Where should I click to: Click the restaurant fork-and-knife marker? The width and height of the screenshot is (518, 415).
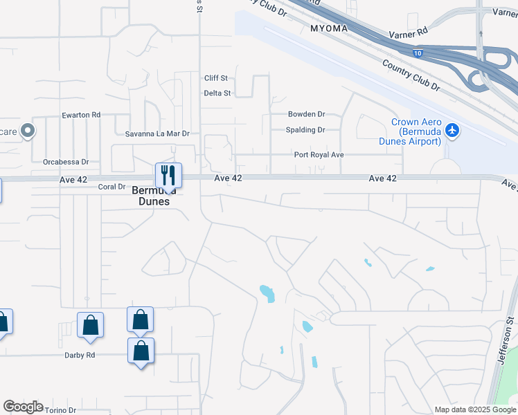point(168,174)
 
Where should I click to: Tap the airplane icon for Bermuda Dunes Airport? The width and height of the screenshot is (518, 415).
point(452,129)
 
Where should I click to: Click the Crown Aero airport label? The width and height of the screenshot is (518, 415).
point(416,132)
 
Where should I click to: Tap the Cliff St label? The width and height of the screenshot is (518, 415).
point(216,78)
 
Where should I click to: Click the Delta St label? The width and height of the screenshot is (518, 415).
point(217,93)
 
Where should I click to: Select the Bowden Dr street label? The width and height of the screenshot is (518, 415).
point(307,113)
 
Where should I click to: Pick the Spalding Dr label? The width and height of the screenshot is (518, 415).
point(305,130)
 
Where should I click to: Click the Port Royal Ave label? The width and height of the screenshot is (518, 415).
point(319,155)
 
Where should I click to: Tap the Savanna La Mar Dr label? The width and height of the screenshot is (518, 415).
point(157,133)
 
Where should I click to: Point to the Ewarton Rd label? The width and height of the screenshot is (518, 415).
point(81,115)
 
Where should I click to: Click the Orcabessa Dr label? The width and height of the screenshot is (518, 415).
point(66,162)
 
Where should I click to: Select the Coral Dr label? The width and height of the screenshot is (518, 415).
point(111,187)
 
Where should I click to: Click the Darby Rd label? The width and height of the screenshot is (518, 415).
point(80,355)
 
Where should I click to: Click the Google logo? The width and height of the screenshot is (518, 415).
point(23,407)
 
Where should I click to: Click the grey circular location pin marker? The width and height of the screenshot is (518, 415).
point(28,130)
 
